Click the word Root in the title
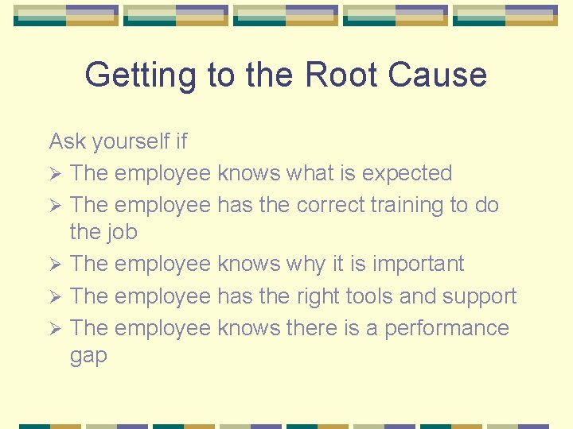pyautogui.click(x=341, y=75)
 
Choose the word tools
pyautogui.click(x=371, y=296)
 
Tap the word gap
pyautogui.click(x=88, y=357)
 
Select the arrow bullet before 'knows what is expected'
pyautogui.click(x=55, y=173)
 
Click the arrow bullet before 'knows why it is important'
pyautogui.click(x=55, y=264)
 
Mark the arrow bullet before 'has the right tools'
pyautogui.click(x=55, y=296)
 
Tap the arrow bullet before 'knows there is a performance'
pyautogui.click(x=55, y=328)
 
